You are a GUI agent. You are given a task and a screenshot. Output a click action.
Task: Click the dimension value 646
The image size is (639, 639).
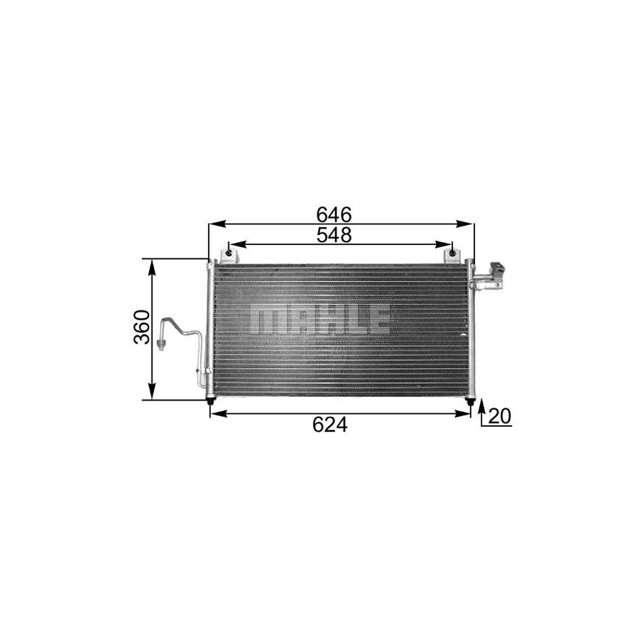tap(334, 214)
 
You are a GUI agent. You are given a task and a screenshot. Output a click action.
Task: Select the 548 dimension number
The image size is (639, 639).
tap(334, 235)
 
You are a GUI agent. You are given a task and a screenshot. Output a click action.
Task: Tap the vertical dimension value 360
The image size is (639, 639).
tap(142, 327)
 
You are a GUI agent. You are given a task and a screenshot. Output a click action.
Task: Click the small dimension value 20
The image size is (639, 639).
tap(501, 417)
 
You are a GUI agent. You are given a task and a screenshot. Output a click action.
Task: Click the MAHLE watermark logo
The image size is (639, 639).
tap(321, 320)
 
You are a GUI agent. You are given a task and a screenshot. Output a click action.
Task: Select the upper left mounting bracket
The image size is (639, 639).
tap(229, 253)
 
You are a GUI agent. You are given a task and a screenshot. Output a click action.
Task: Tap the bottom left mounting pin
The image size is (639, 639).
tap(210, 403)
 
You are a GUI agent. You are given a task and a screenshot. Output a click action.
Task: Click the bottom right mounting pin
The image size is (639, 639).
tap(469, 403)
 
